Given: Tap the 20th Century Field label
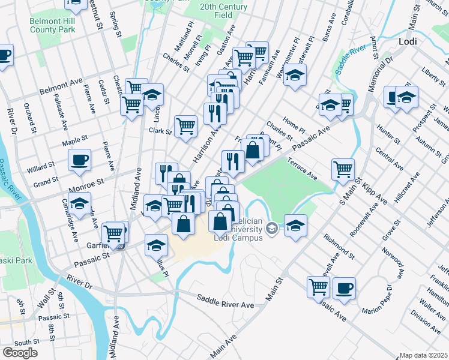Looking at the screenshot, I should coord(216,11).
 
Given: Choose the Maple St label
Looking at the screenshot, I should coord(76,142).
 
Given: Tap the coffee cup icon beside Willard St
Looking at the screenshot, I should coord(79,160).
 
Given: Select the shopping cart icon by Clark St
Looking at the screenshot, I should coord(186,126).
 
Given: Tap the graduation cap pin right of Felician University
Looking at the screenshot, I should coord(295,226).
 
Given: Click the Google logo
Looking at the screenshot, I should coord(20,353).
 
